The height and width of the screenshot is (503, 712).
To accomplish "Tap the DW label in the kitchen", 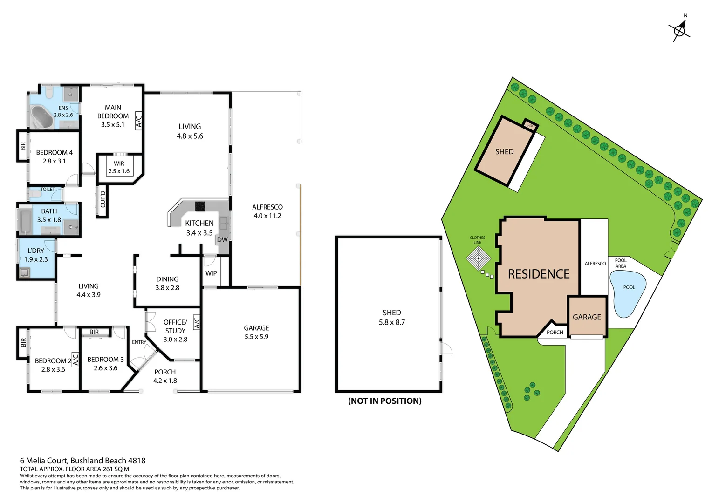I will [222, 240].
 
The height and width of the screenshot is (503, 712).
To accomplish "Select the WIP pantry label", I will [211, 273].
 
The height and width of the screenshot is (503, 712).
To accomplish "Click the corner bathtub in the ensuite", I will [41, 117].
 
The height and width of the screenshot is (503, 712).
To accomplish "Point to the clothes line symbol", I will [479, 258].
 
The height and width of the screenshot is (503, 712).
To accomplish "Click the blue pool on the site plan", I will [628, 293].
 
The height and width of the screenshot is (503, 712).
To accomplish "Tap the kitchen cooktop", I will [200, 205].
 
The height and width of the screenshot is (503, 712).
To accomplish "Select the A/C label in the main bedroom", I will [138, 120].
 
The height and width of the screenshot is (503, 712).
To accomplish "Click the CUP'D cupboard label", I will [103, 199].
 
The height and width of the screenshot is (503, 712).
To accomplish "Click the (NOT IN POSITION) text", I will [384, 401].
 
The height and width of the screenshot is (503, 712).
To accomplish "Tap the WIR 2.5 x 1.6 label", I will [119, 167].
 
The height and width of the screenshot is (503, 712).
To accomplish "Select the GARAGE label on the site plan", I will [587, 317].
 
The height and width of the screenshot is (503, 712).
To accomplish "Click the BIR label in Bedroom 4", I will [23, 146].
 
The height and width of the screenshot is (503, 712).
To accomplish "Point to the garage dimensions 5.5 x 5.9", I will [256, 337].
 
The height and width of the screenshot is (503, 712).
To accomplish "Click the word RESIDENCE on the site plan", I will [539, 274].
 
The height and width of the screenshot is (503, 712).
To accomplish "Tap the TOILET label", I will [48, 190].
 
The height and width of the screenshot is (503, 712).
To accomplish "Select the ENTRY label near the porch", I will [139, 342].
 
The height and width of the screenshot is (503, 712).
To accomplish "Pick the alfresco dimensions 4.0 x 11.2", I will [267, 216].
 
